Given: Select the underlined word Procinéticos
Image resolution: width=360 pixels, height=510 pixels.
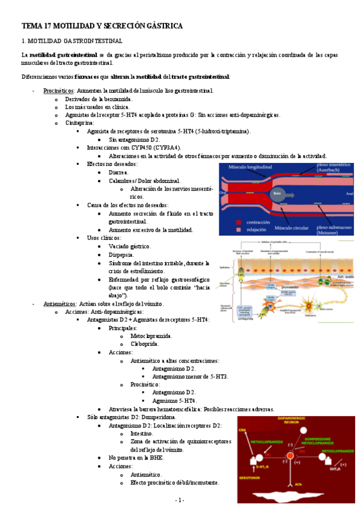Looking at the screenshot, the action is click(x=58, y=91).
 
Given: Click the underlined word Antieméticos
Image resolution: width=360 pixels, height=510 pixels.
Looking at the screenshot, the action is click(x=59, y=304).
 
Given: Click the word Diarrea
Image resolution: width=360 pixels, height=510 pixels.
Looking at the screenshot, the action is click(x=118, y=172).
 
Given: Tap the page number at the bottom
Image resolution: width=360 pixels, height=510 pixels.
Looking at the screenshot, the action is click(x=180, y=500).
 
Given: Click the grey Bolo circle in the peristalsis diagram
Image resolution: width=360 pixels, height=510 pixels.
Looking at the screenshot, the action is click(x=276, y=194).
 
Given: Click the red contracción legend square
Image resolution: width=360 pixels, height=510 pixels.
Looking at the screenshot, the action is click(x=239, y=221).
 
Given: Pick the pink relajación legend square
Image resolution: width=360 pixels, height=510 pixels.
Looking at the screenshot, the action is click(x=239, y=229).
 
